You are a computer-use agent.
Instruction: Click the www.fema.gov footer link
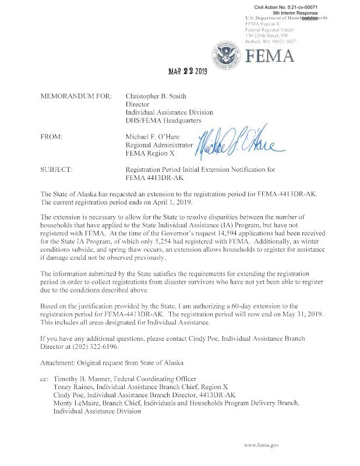click(262, 444)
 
